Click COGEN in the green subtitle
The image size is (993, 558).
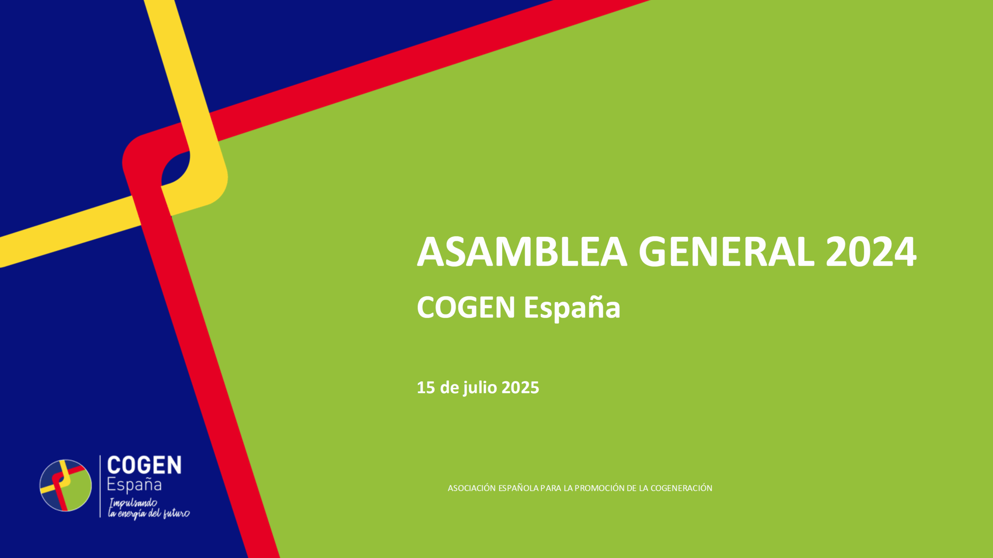click(466, 307)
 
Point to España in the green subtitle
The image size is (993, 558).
click(572, 308)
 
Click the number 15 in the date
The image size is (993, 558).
click(426, 388)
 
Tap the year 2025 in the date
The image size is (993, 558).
click(520, 388)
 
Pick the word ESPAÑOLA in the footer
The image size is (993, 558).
click(518, 488)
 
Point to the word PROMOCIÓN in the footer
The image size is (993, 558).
click(599, 488)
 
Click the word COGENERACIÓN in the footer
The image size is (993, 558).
click(681, 488)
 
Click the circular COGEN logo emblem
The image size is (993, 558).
click(66, 485)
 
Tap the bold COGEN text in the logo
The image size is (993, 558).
click(144, 466)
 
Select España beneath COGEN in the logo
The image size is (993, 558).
click(134, 485)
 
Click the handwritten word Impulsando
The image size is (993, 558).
click(133, 504)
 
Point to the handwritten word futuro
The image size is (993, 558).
click(176, 514)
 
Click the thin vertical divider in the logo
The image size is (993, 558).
click(100, 486)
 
